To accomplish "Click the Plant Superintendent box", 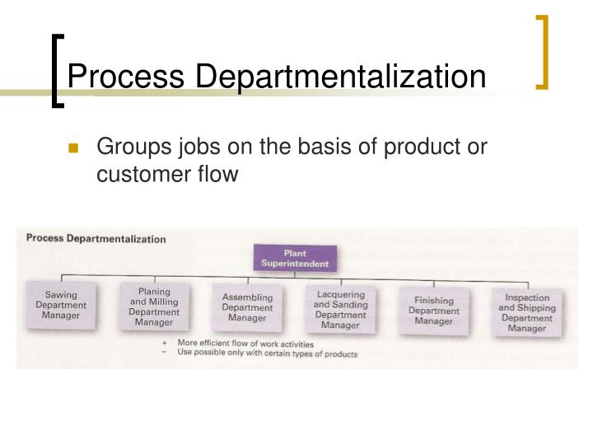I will [x=294, y=258].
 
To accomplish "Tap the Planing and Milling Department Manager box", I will [x=154, y=306].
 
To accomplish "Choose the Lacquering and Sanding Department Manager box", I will [x=340, y=308].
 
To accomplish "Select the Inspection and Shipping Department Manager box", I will [x=527, y=312].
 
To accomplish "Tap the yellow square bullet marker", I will [x=72, y=148].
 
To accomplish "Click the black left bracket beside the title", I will [x=56, y=70].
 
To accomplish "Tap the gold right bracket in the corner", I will [x=542, y=51].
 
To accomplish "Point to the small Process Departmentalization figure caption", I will [x=96, y=239].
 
